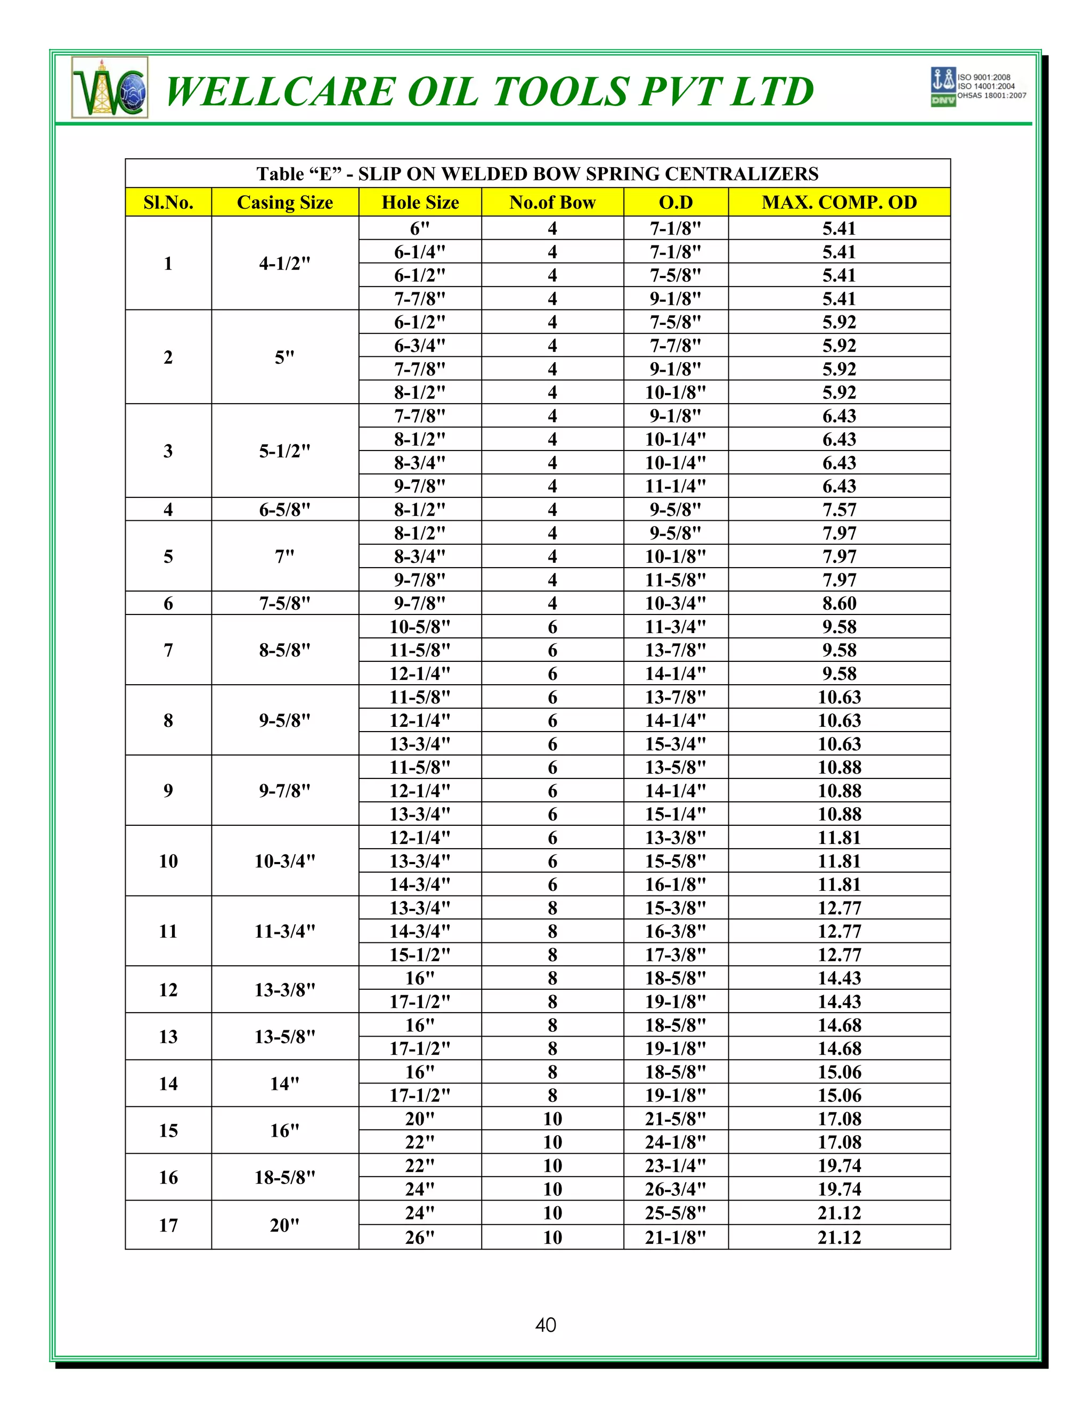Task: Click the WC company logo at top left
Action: [110, 88]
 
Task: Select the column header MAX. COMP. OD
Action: [839, 202]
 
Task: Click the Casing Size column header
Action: [284, 202]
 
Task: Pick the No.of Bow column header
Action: [552, 202]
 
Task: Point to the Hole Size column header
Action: [420, 202]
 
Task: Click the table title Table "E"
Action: [537, 173]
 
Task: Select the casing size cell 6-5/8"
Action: [284, 509]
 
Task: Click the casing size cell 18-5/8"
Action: [284, 1177]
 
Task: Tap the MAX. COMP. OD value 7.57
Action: [839, 509]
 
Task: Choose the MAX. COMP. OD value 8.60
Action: [839, 603]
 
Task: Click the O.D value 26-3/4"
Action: [675, 1189]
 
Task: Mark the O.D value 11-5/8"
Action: [675, 579]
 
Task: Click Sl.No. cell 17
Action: [168, 1225]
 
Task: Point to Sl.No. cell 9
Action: [168, 790]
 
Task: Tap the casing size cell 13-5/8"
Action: [284, 1036]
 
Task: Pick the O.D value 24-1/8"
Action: [675, 1142]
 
